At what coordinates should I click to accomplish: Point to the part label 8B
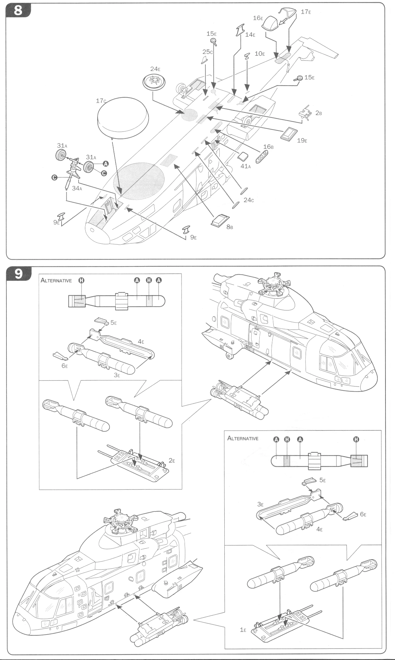tap(229, 227)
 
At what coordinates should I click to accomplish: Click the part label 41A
tap(245, 166)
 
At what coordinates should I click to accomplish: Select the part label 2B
tap(318, 113)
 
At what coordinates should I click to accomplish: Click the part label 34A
tap(77, 188)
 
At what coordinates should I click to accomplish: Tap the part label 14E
tap(250, 34)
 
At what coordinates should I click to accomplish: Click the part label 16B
tap(268, 146)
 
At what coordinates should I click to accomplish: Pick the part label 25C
tap(207, 52)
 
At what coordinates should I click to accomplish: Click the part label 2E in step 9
tap(172, 461)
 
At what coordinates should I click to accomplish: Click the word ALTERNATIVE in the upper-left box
tap(56, 280)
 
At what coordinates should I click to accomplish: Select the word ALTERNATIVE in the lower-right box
tap(243, 438)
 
